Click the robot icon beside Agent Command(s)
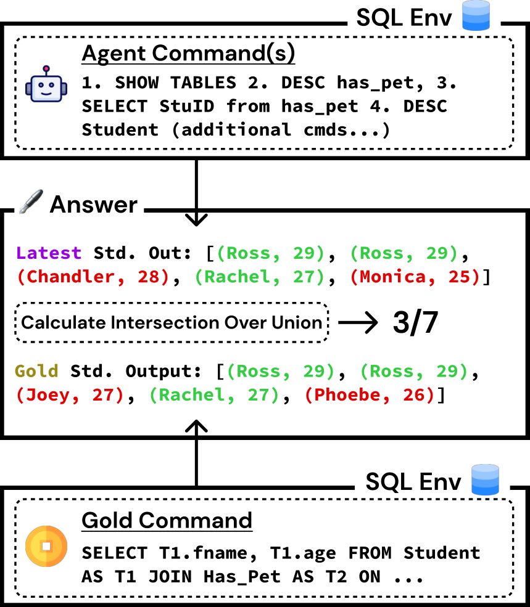click(x=46, y=84)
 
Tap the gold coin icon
click(x=46, y=546)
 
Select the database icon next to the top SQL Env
click(x=476, y=15)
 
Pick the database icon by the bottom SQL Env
click(x=485, y=479)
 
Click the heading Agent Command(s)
click(x=188, y=53)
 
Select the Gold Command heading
click(x=167, y=520)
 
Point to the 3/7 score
click(x=415, y=322)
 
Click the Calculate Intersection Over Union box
click(x=172, y=322)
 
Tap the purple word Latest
click(x=49, y=253)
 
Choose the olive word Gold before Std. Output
click(x=37, y=371)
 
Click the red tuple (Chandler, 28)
click(x=93, y=277)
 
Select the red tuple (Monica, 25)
click(x=416, y=277)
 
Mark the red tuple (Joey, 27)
click(x=70, y=395)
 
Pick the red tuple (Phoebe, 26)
click(x=370, y=395)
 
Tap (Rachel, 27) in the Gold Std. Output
click(x=215, y=395)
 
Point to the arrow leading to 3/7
click(x=358, y=322)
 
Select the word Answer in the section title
click(x=94, y=205)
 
